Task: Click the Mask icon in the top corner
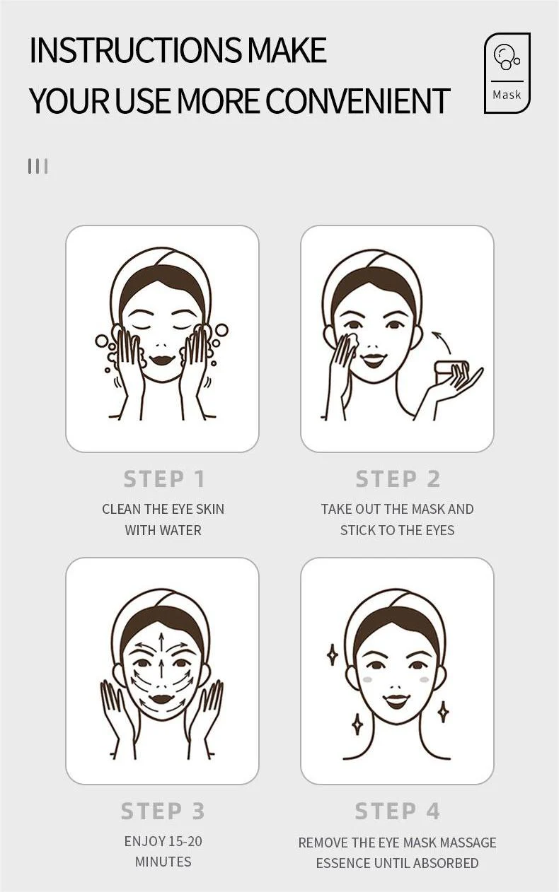507,73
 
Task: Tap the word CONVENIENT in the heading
357,101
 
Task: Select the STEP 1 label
164,479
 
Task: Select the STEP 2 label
398,479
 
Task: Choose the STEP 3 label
163,811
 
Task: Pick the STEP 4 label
398,811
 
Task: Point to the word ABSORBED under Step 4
446,863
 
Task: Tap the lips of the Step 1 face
162,359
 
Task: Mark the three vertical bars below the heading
38,166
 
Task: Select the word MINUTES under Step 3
163,862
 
